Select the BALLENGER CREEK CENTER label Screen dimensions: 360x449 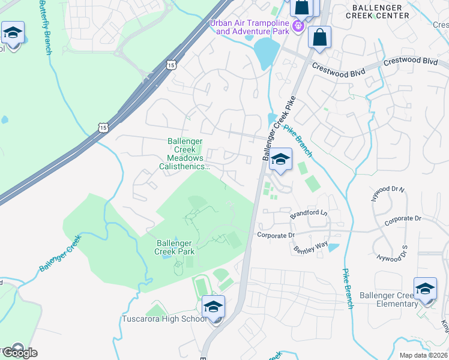(381, 11)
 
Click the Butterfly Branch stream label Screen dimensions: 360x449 (44, 27)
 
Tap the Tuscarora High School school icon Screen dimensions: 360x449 (213, 307)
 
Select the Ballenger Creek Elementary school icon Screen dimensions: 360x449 (424, 289)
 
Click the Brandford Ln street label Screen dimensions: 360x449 (309, 213)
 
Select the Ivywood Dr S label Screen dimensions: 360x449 (392, 253)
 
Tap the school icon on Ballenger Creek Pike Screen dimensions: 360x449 (280, 160)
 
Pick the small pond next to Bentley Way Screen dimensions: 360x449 (333, 247)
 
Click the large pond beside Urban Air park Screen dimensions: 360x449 (267, 53)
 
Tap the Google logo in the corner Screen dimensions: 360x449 (20, 352)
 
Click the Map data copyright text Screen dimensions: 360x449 (423, 355)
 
